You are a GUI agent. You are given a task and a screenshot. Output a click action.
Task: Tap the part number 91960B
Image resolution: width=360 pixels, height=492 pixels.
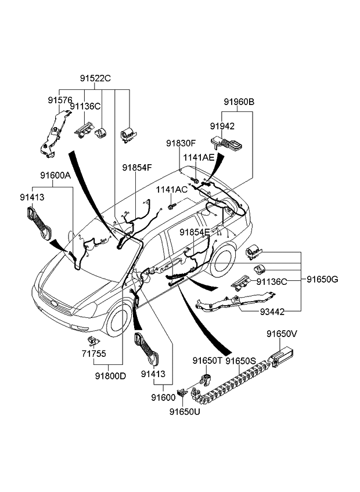pyautogui.click(x=239, y=102)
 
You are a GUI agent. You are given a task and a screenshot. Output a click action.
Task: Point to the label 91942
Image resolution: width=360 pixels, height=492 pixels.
pyautogui.click(x=222, y=125)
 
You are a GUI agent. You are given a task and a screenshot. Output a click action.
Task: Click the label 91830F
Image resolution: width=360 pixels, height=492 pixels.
pyautogui.click(x=181, y=143)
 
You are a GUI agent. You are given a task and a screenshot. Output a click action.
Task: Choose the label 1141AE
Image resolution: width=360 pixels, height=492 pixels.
pyautogui.click(x=199, y=157)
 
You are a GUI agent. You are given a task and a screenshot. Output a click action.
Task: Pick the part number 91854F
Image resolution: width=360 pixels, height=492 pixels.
pyautogui.click(x=137, y=167)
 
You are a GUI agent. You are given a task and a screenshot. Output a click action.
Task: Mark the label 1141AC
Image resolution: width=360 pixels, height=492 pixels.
pyautogui.click(x=171, y=190)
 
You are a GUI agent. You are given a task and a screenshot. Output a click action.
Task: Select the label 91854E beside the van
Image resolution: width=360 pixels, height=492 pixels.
pyautogui.click(x=195, y=232)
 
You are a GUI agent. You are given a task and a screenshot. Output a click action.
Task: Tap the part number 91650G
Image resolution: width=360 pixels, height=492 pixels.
pyautogui.click(x=322, y=279)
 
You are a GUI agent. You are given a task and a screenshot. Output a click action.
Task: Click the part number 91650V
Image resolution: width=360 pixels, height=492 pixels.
pyautogui.click(x=282, y=334)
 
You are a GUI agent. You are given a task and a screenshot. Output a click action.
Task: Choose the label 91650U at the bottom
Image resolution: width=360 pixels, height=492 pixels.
pyautogui.click(x=185, y=412)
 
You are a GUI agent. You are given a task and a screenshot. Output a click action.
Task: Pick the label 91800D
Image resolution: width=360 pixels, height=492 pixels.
pyautogui.click(x=111, y=375)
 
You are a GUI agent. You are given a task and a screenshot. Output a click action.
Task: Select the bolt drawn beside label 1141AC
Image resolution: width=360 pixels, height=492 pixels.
pyautogui.click(x=171, y=205)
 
